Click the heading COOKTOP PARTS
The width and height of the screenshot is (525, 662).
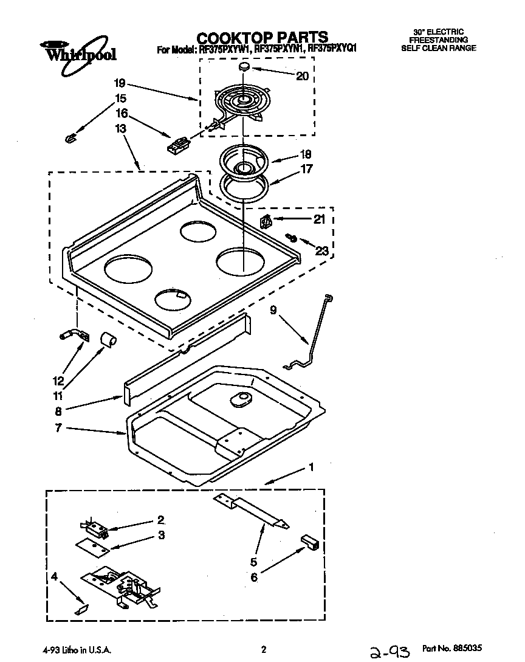click(x=262, y=37)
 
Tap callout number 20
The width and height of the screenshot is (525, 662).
click(x=302, y=76)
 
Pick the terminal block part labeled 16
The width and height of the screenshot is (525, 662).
click(x=179, y=145)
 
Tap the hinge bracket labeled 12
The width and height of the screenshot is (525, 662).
click(x=74, y=335)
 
